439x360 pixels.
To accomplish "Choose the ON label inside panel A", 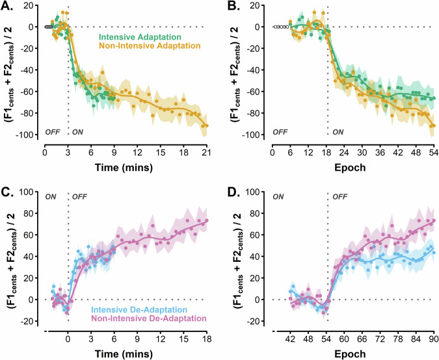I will pyautogui.click(x=78, y=132).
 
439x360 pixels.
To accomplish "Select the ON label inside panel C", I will pyautogui.click(x=51, y=196).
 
